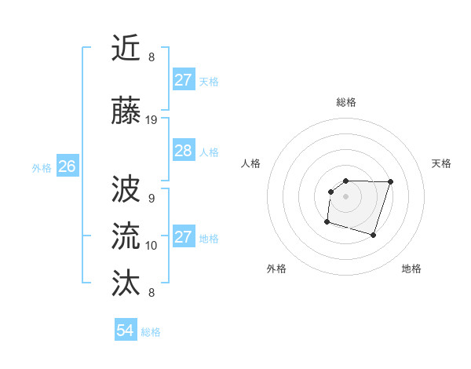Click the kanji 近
pos(126,48)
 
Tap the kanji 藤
pos(126,111)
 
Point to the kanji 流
pos(126,234)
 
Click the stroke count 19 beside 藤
pos(152,120)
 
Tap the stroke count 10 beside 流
pos(152,246)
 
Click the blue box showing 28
pos(183,151)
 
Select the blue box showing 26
pos(67,166)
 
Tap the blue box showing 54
pos(125,331)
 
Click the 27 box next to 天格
pos(183,80)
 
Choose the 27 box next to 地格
pos(183,237)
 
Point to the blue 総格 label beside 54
pos(151,332)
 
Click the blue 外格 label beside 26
pos(42,167)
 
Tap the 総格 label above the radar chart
pos(345,102)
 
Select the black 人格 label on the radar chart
pos(251,163)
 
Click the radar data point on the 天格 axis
pos(390,182)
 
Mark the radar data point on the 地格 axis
pos(374,235)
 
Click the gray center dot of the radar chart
pos(345,195)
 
